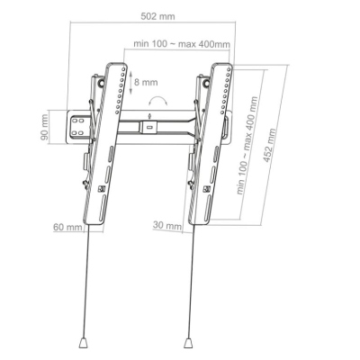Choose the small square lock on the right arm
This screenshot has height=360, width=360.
tap(210, 190)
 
